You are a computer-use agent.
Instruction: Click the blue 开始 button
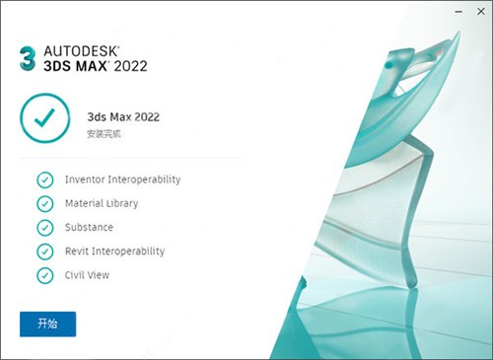tap(47, 324)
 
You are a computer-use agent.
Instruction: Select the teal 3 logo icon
tap(27, 55)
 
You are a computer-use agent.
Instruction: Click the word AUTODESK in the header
tap(80, 46)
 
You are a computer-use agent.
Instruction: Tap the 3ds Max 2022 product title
tap(123, 115)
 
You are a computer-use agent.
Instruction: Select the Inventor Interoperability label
tap(122, 180)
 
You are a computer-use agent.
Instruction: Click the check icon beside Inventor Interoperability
tap(44, 180)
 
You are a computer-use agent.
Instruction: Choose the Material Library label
tap(102, 203)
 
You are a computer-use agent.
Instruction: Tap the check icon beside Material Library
tap(44, 203)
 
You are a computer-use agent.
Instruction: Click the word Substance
tap(89, 227)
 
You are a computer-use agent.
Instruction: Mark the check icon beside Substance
tap(44, 227)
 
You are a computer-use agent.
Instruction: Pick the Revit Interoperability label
tap(114, 252)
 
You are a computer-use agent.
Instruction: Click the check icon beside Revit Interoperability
tap(44, 252)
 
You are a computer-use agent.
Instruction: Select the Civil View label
tap(87, 275)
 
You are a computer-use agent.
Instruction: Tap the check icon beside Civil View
tap(44, 275)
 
